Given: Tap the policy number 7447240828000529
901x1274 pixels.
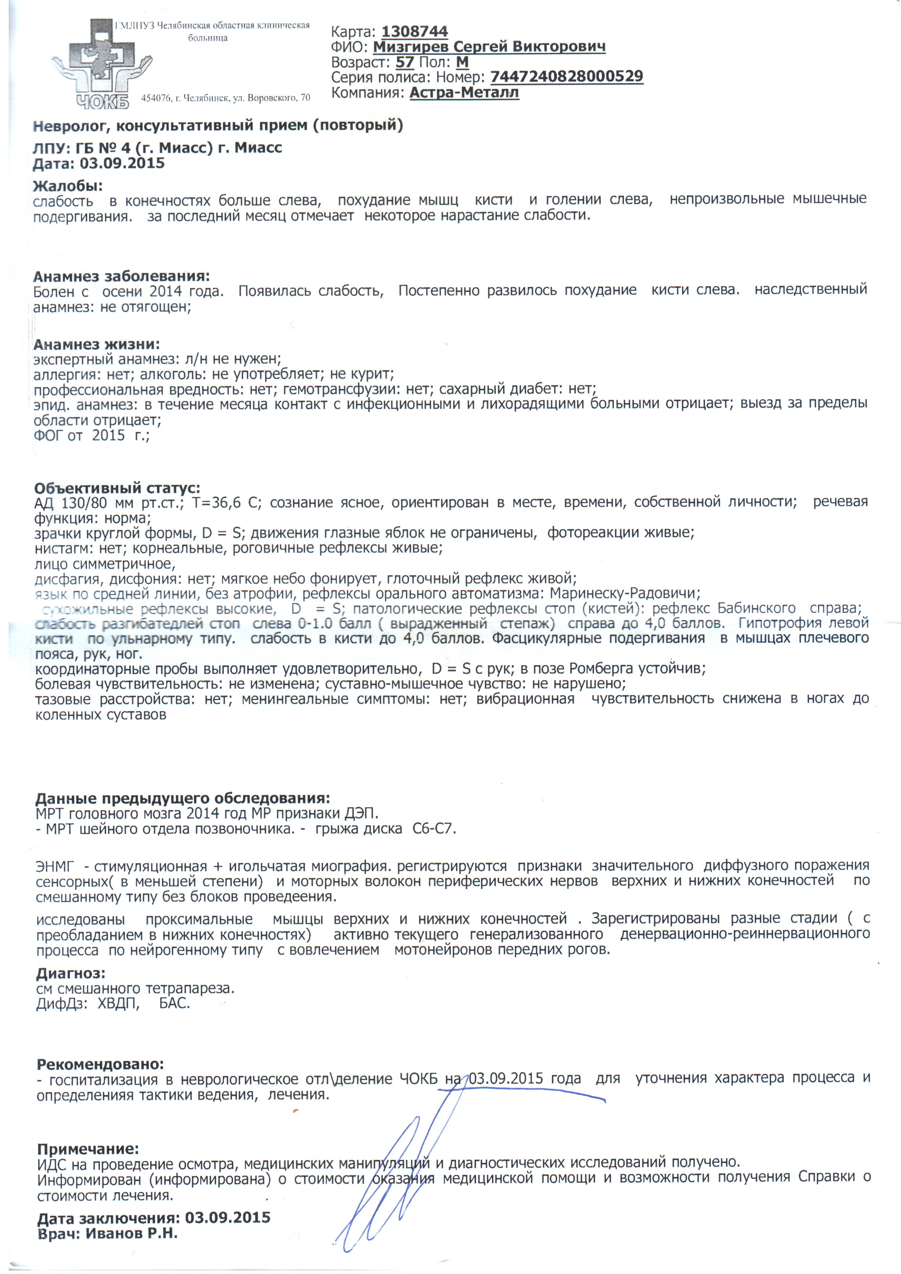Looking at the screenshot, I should click(x=566, y=77).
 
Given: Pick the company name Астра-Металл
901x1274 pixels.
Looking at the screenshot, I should click(x=464, y=92).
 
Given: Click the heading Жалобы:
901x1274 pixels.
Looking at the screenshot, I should click(x=68, y=186).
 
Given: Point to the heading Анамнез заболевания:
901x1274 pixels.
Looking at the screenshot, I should click(x=121, y=276).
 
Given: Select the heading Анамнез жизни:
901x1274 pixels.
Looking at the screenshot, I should click(x=97, y=345).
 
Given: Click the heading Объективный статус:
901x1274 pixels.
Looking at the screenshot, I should click(x=117, y=488).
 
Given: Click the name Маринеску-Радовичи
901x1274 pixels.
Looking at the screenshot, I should click(x=625, y=593).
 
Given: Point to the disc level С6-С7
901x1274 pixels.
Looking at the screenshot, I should click(x=434, y=829).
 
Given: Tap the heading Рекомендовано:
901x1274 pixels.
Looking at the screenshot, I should click(x=100, y=1064).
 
